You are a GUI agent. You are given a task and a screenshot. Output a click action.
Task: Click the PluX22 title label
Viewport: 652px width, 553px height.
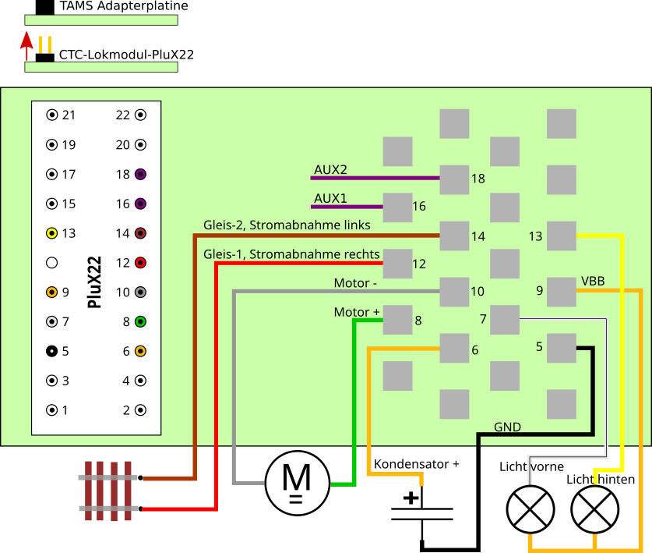click(95, 282)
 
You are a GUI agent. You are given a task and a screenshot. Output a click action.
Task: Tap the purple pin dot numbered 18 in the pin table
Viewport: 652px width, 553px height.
click(141, 174)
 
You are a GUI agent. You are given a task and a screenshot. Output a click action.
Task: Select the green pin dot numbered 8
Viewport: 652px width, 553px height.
click(141, 321)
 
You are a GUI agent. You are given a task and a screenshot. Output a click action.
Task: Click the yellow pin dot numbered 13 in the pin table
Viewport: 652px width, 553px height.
click(52, 233)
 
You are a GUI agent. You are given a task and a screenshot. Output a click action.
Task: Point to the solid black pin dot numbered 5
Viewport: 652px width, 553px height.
click(52, 351)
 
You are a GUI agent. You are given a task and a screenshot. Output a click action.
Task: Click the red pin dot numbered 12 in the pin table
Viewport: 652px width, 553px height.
click(141, 263)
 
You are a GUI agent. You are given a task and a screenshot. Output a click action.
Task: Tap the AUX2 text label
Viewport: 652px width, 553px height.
click(330, 169)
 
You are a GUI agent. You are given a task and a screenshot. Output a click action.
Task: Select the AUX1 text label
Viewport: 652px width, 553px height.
click(330, 198)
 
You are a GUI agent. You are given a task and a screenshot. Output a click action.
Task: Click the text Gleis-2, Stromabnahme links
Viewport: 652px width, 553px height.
click(287, 225)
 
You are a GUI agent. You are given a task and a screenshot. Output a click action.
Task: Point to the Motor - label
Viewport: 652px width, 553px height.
click(355, 282)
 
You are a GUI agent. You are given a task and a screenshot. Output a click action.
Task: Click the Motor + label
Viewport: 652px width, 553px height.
click(357, 312)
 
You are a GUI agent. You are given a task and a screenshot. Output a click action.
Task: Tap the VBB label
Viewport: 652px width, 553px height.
click(593, 281)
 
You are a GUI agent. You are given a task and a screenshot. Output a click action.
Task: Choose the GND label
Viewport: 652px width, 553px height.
click(507, 427)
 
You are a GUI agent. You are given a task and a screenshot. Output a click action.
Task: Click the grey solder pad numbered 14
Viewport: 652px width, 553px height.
click(454, 236)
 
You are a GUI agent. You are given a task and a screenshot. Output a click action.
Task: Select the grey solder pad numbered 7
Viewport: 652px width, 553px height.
click(505, 320)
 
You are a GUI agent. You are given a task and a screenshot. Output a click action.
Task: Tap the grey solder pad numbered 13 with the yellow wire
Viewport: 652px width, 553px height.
click(561, 236)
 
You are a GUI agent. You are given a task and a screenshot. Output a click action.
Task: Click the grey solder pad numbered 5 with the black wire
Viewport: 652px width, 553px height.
click(561, 348)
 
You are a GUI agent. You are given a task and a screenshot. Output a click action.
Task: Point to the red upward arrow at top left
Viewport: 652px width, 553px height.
click(26, 45)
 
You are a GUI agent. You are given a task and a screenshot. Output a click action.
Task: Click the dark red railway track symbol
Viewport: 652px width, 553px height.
click(108, 491)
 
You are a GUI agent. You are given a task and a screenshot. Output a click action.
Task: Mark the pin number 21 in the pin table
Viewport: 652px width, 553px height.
click(69, 115)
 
